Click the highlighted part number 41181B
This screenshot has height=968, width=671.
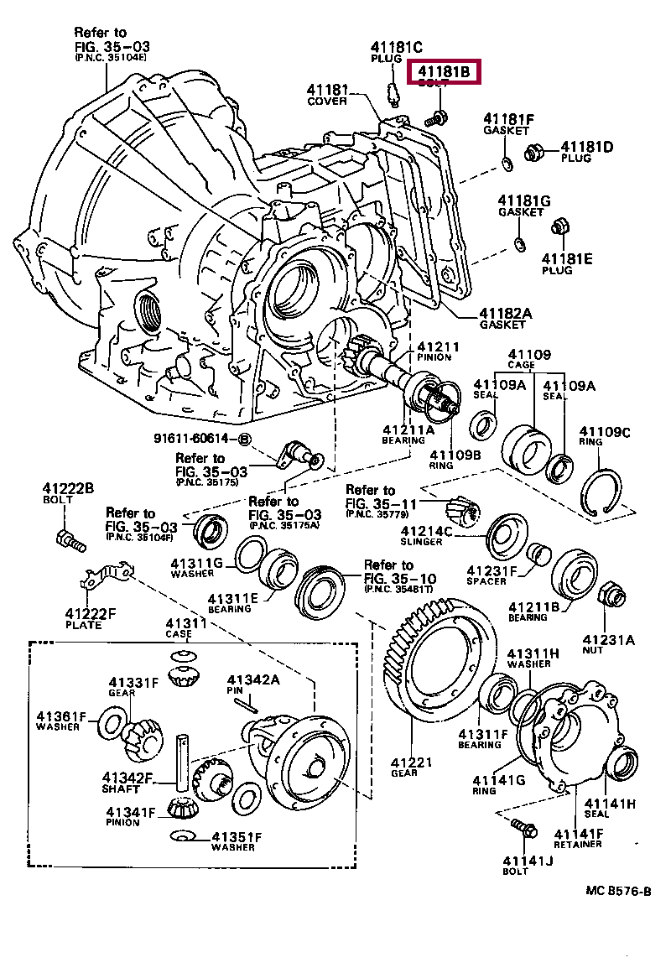[445, 73]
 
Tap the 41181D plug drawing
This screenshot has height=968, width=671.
[533, 153]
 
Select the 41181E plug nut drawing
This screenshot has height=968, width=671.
[560, 226]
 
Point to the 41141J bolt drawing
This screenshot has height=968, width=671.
[525, 830]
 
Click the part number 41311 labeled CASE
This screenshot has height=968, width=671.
[185, 623]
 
